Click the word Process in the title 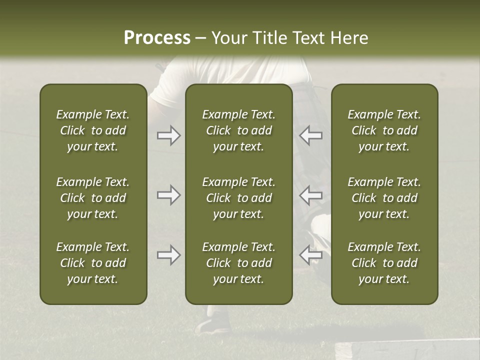coord(157,38)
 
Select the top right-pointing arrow coord(168,135)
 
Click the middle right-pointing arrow coord(168,195)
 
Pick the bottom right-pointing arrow coord(168,255)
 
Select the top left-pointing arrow coord(310,135)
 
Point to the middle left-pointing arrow coord(310,195)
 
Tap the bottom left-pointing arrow coord(310,255)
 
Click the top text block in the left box coord(93,130)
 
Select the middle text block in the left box coord(93,198)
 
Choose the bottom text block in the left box coord(93,263)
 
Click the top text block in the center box coord(238,130)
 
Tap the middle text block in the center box coord(238,198)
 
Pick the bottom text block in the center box coord(238,263)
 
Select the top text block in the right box coord(384,130)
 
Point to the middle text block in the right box coord(384,198)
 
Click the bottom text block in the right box coord(384,263)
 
